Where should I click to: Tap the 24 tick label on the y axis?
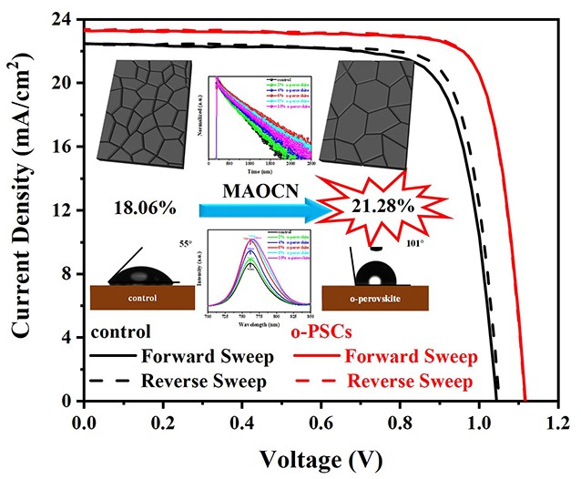65,19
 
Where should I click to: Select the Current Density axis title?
23,211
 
